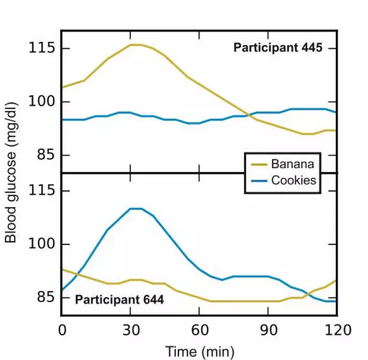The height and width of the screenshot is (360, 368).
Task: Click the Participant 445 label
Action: (x=278, y=48)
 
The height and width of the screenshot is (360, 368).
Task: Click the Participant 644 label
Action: (x=120, y=300)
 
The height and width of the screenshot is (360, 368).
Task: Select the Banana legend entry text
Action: (x=293, y=164)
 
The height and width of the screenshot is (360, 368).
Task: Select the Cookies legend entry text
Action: (x=294, y=181)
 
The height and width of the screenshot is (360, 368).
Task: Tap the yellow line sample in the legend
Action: (x=259, y=164)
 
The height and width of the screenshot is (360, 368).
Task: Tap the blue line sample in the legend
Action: (x=259, y=181)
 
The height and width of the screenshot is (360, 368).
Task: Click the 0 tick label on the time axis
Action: (x=62, y=330)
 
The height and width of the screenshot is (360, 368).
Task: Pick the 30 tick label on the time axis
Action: (x=131, y=330)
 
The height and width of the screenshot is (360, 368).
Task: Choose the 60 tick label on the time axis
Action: (x=199, y=330)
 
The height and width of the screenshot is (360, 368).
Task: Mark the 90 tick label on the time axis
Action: (x=268, y=330)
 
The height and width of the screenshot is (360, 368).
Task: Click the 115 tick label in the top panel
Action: (x=42, y=48)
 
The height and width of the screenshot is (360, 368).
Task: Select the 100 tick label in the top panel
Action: (x=42, y=102)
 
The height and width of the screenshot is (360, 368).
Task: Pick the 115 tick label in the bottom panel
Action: (x=42, y=191)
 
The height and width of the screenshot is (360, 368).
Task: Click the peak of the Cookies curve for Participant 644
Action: (x=135, y=208)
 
